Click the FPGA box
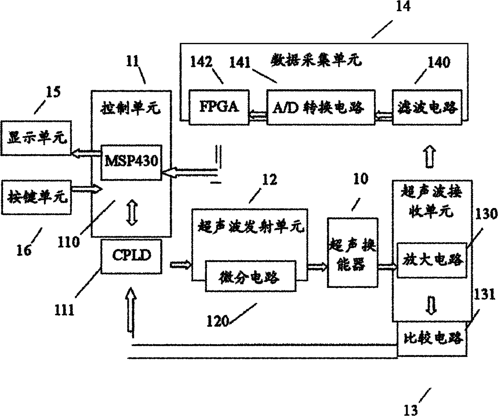219,107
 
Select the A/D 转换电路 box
321,107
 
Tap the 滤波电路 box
427,107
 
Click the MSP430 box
131,162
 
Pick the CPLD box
131,257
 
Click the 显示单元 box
36,138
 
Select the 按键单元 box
36,197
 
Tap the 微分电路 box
251,276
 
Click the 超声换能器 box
353,252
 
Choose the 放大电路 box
432,260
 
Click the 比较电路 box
432,339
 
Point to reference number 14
403,6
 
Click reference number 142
201,62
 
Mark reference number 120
218,321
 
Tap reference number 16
24,251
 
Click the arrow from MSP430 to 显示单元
86,153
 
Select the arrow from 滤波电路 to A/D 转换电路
384,116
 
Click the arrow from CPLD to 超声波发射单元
181,265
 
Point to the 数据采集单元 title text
316,60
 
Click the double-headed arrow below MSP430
132,213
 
